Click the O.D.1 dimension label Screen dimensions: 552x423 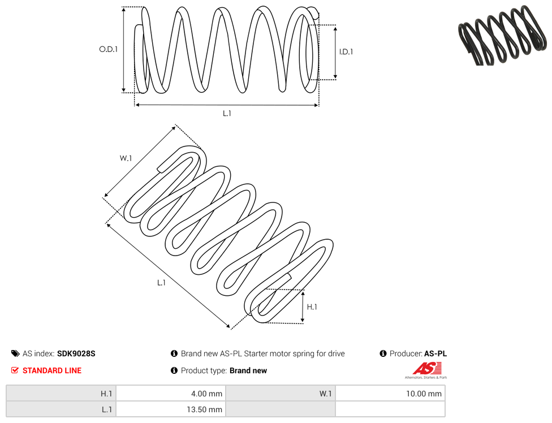click(108, 49)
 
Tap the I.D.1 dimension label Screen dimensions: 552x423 click(346, 51)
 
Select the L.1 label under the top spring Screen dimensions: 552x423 click(227, 113)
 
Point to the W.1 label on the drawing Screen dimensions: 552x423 click(126, 158)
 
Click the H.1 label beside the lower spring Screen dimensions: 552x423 click(312, 307)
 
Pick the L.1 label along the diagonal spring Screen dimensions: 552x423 click(161, 283)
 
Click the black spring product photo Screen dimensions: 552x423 click(502, 36)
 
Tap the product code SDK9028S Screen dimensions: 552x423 click(76, 353)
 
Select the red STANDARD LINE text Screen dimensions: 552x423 click(52, 370)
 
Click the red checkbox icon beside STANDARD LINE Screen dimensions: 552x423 click(15, 370)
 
